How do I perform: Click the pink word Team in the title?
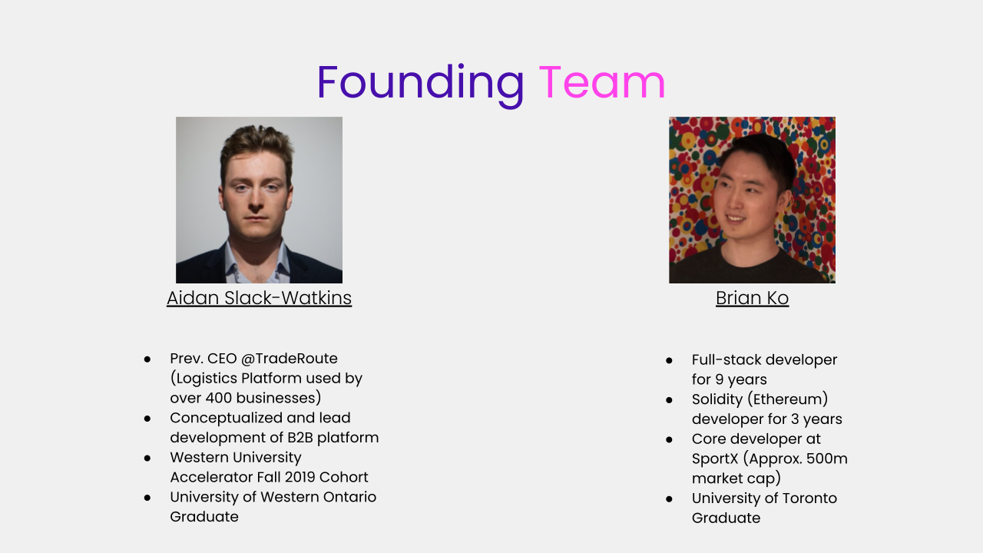point(602,82)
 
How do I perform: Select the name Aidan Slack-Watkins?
point(259,298)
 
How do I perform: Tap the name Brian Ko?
point(752,298)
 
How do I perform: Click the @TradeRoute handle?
point(290,359)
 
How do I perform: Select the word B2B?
point(300,438)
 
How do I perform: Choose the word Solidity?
point(717,399)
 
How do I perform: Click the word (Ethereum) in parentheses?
point(788,399)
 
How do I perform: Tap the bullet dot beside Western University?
point(147,459)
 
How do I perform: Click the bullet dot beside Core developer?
point(669,440)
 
